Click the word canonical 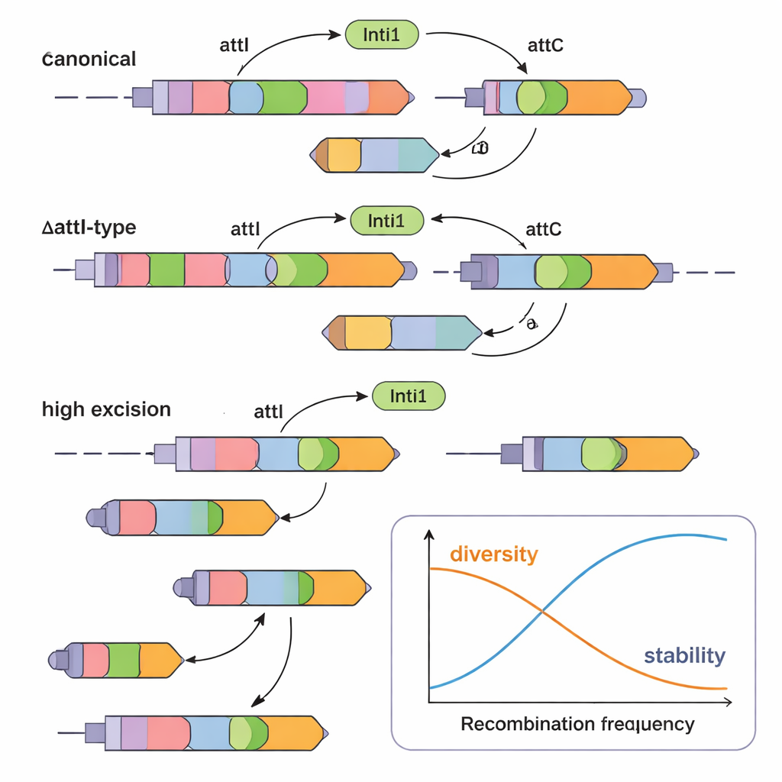89,59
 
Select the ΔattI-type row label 89,228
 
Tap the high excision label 106,409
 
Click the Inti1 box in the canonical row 383,34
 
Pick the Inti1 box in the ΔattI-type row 386,221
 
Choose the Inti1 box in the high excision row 408,396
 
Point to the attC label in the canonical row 545,45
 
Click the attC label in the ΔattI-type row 544,229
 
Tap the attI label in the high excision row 267,412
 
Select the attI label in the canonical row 234,45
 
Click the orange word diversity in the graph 493,554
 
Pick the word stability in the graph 684,655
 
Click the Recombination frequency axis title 577,724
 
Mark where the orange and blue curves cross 543,610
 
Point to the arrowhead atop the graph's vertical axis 429,534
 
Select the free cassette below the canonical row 374,155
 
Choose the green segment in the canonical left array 283,97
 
